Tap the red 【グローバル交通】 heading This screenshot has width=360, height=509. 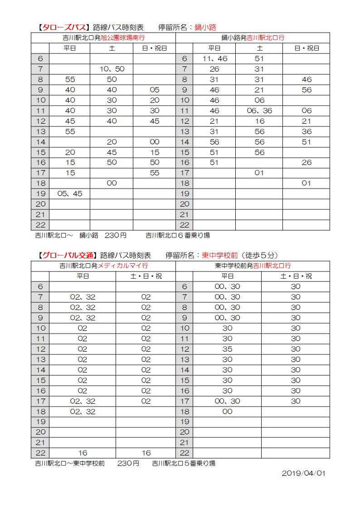(x=66, y=255)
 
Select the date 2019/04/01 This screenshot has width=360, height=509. (x=303, y=473)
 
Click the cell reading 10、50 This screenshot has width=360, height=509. (x=111, y=69)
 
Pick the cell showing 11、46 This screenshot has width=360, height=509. (x=214, y=58)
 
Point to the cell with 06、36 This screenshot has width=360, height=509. (x=259, y=111)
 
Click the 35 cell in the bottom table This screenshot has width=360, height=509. (x=227, y=349)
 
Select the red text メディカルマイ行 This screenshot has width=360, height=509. (x=123, y=266)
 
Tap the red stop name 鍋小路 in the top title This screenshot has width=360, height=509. (x=205, y=27)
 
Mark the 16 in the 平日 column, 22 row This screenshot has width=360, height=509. (x=83, y=453)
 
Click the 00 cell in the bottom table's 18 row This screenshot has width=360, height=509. (x=227, y=412)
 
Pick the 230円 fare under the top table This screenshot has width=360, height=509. (x=116, y=236)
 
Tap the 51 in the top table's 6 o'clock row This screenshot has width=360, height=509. (x=259, y=58)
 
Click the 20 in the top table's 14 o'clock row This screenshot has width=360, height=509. (x=111, y=142)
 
